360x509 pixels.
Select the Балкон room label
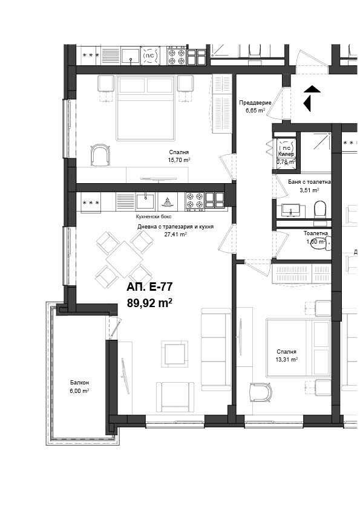coord(79,383)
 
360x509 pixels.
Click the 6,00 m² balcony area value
coord(79,391)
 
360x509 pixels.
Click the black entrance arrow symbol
coord(311,98)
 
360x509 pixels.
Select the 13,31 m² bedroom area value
coord(287,359)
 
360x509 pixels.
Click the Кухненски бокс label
coord(154,216)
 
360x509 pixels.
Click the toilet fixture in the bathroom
coord(321,209)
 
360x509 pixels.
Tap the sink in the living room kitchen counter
coord(146,200)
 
